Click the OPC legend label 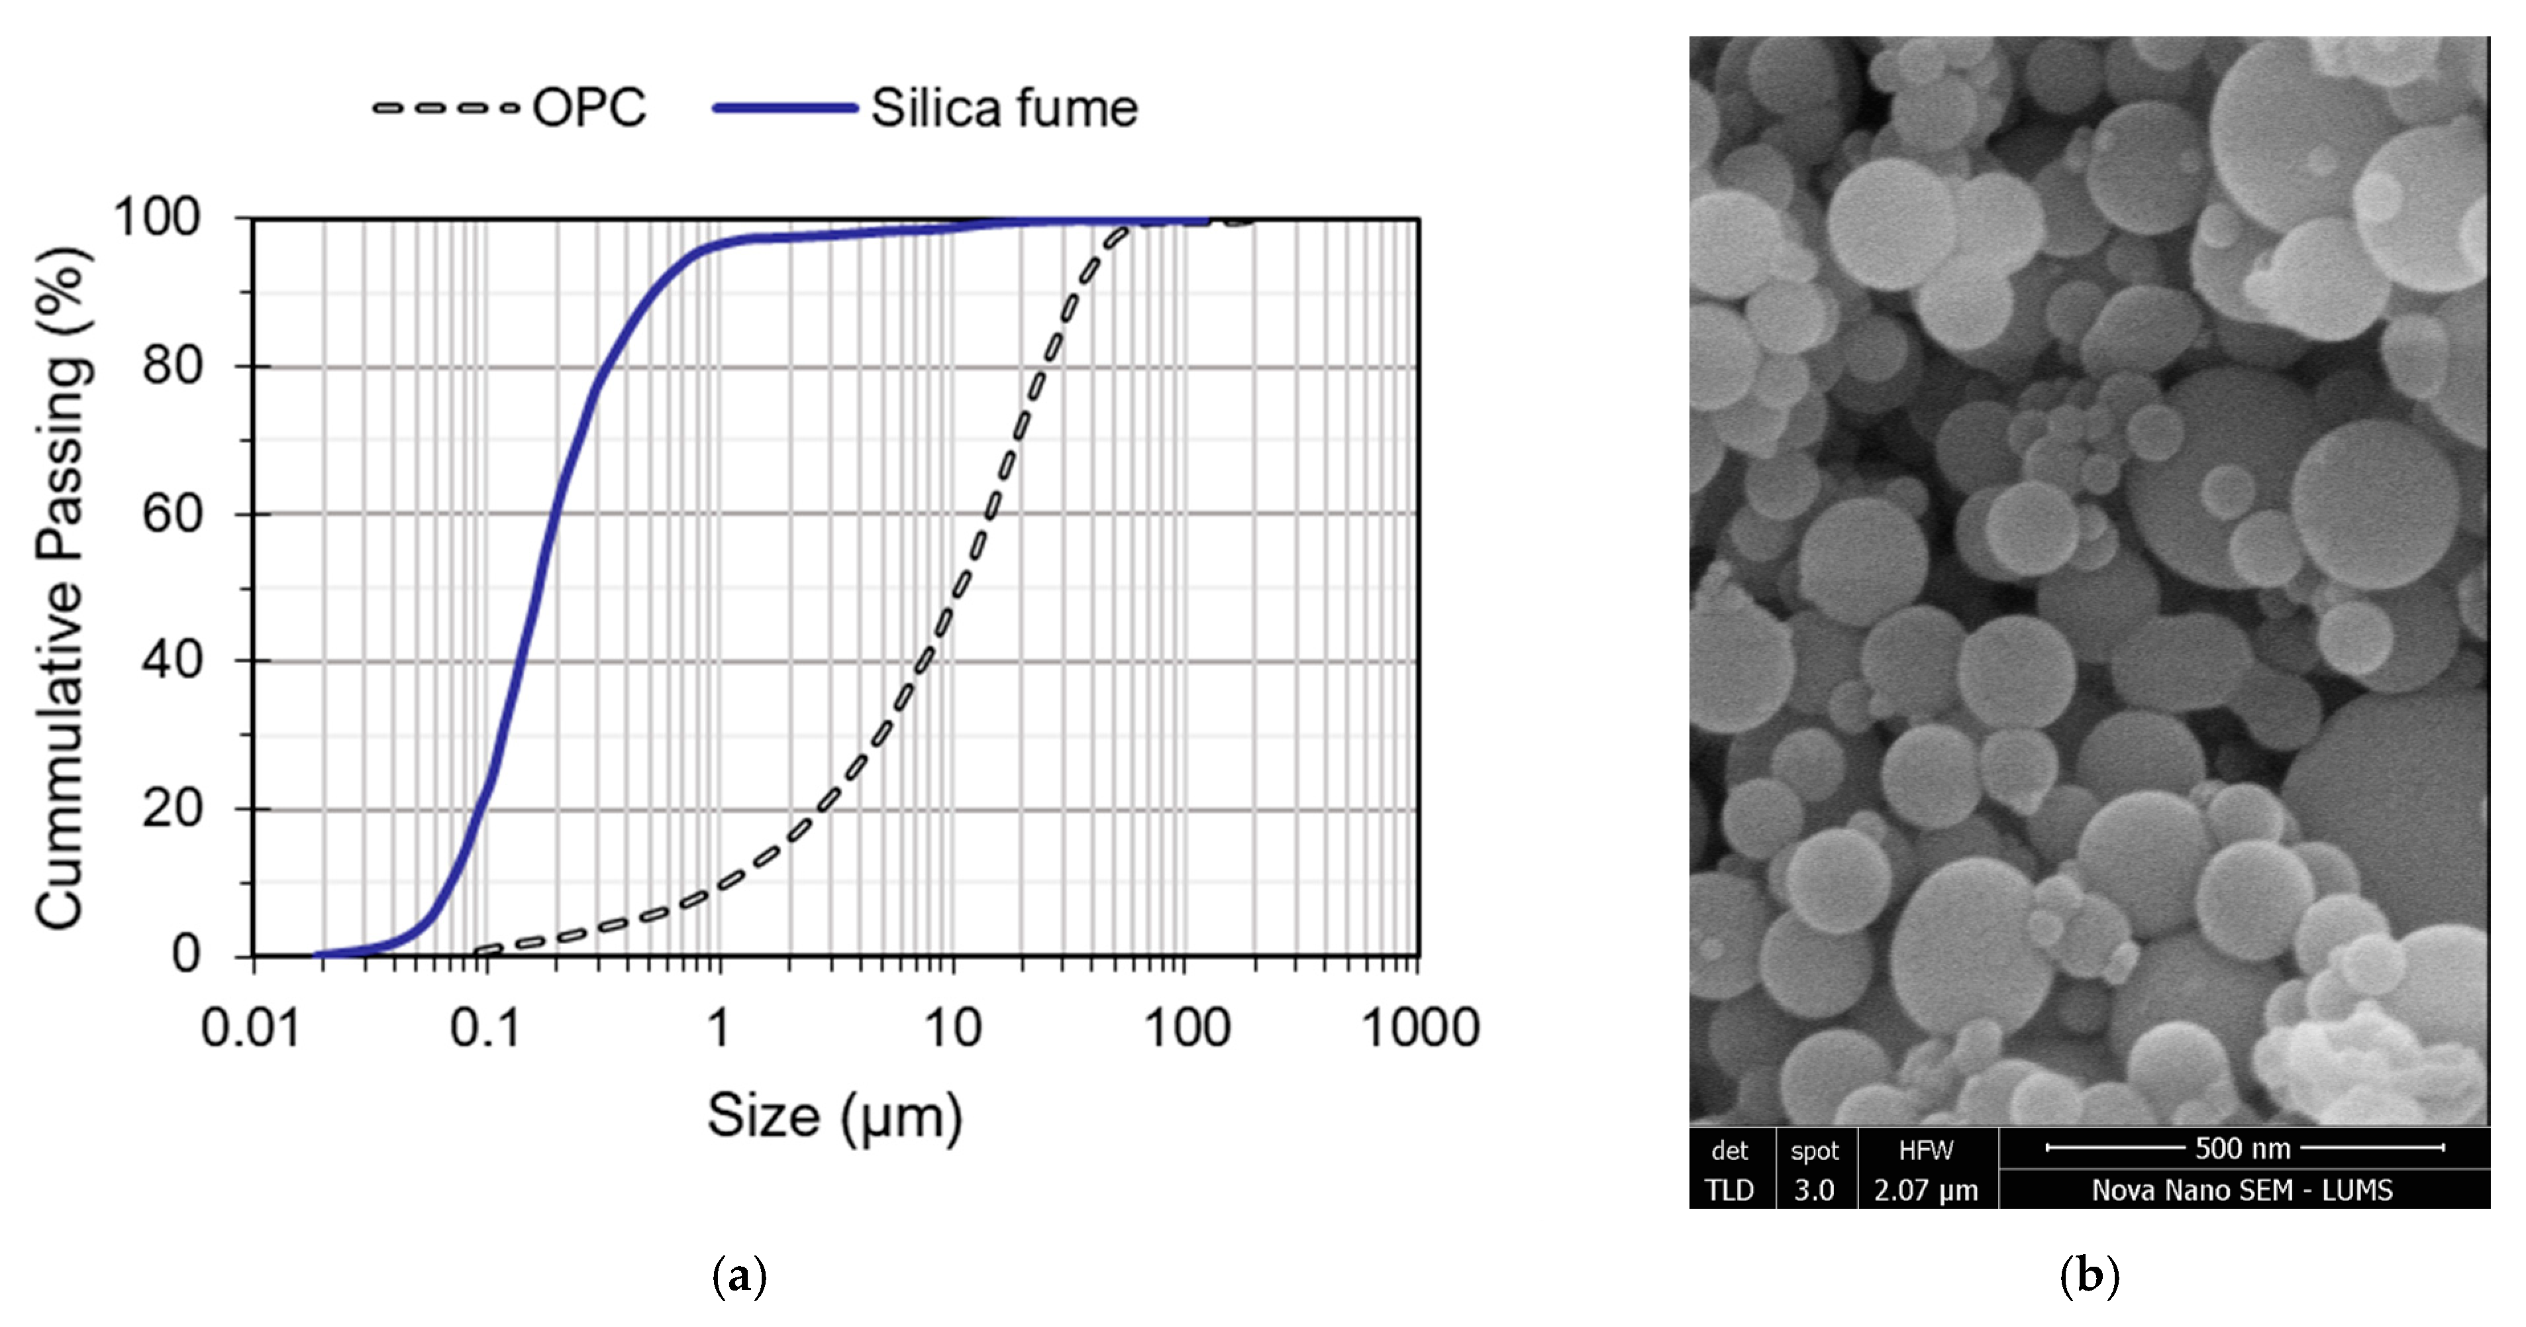pyautogui.click(x=588, y=108)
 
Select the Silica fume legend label pyautogui.click(x=1004, y=108)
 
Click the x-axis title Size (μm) pyautogui.click(x=834, y=1116)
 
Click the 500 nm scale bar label pyautogui.click(x=2242, y=1149)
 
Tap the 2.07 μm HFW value pyautogui.click(x=1926, y=1191)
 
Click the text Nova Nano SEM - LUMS pyautogui.click(x=2242, y=1191)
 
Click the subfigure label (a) pyautogui.click(x=738, y=1276)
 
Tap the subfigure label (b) pyautogui.click(x=2090, y=1276)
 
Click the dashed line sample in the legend pyautogui.click(x=446, y=108)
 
